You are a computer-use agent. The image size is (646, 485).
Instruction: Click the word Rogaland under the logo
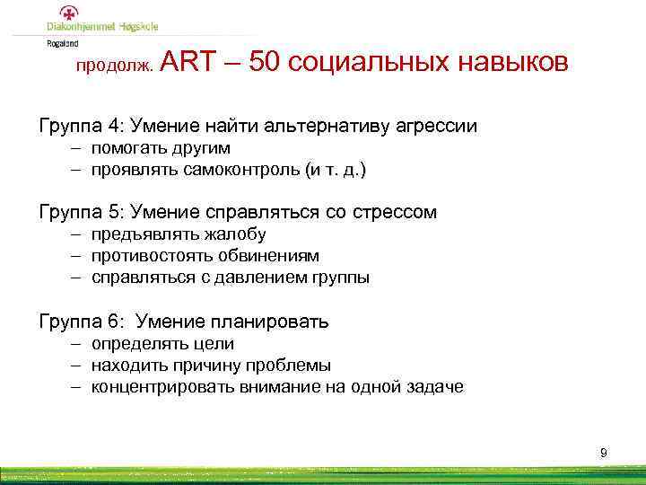click(x=63, y=41)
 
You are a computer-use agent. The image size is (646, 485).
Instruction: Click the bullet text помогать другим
click(x=161, y=147)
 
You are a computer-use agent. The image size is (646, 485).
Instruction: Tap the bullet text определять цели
click(x=162, y=343)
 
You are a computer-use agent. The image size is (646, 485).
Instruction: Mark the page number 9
click(x=604, y=453)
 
